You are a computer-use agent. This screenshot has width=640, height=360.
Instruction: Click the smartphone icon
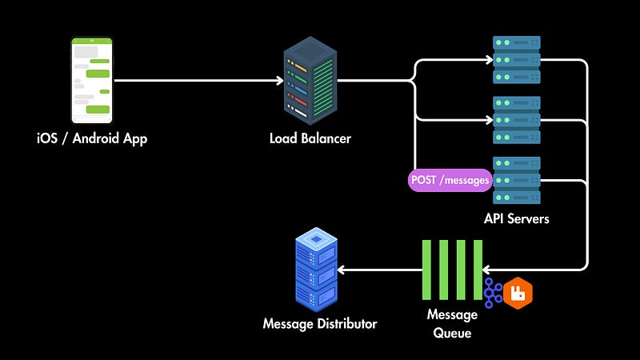tap(92, 80)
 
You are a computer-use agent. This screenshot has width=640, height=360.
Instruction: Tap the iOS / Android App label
tap(92, 138)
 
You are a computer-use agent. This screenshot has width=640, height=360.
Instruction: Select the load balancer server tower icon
tap(310, 80)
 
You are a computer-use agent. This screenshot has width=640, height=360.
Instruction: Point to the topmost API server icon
tap(516, 59)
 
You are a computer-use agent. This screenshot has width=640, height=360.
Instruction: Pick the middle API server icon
tap(516, 120)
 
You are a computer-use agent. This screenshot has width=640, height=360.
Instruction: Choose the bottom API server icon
tap(516, 180)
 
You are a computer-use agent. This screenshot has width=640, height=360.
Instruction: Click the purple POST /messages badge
tap(450, 180)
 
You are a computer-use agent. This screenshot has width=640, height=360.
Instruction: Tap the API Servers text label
tap(517, 218)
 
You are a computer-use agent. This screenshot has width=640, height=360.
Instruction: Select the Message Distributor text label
tap(320, 324)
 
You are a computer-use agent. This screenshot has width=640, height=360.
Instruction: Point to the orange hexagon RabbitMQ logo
tap(518, 293)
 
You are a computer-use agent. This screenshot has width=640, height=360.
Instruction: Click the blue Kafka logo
tap(494, 293)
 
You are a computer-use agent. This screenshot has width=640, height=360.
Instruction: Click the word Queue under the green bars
tap(452, 331)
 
